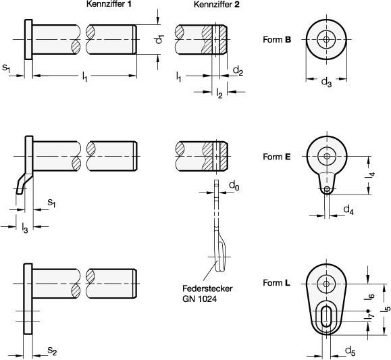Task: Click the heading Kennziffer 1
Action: [x=109, y=4]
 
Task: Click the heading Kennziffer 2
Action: [x=217, y=5]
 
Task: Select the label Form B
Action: [x=277, y=39]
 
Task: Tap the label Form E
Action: [x=277, y=157]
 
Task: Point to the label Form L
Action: [x=277, y=283]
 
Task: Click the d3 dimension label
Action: [x=326, y=82]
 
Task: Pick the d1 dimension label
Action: [x=159, y=39]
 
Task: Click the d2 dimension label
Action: [x=238, y=71]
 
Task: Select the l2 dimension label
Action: [x=219, y=93]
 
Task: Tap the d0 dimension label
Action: [x=234, y=186]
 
